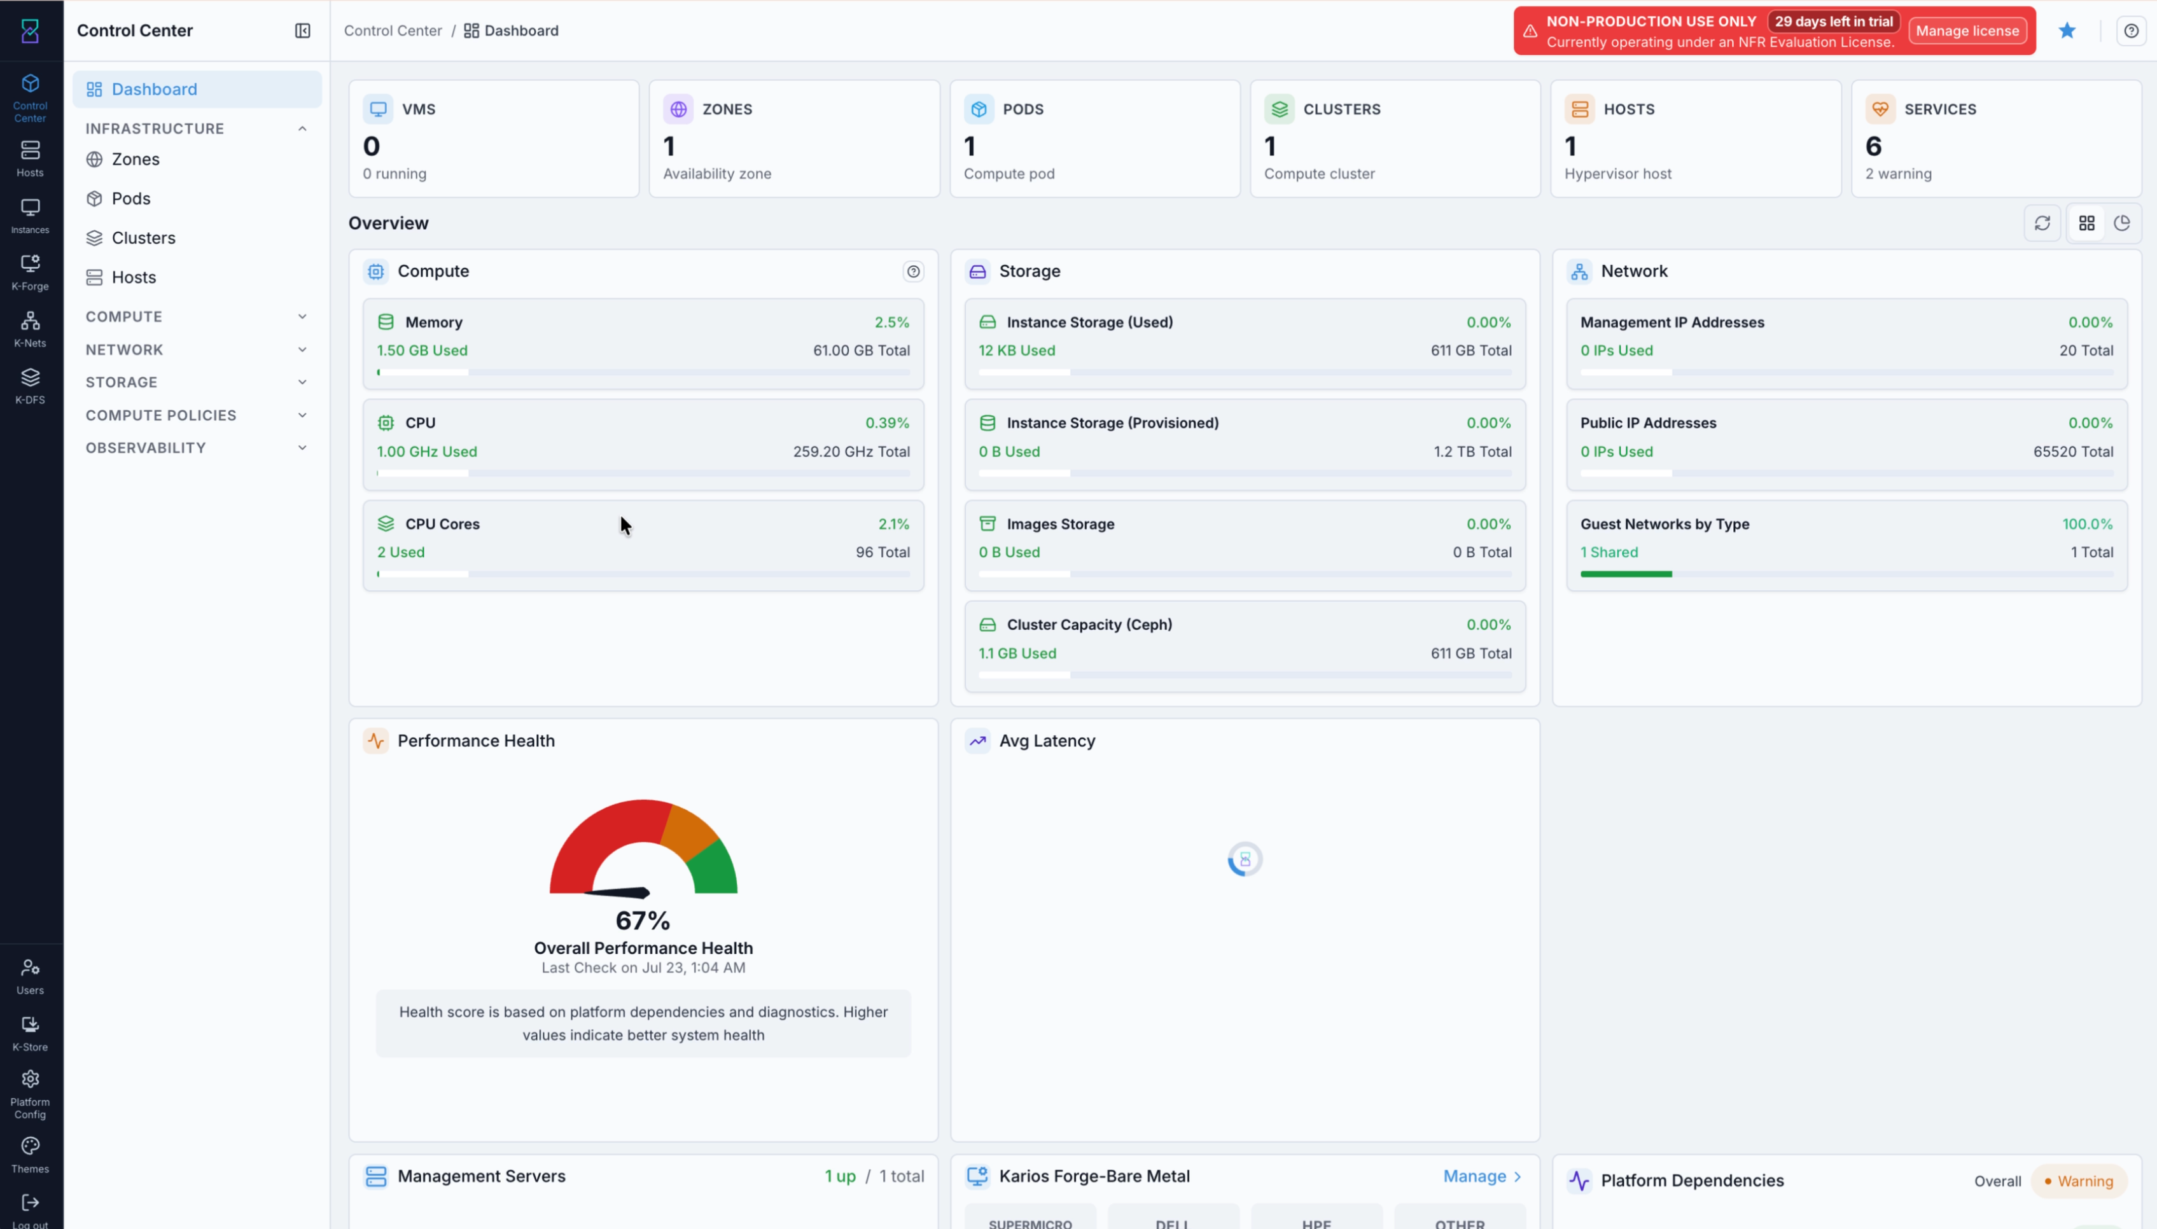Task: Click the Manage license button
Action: [1967, 31]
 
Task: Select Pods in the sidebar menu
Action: [131, 198]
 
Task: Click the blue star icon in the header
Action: [2067, 31]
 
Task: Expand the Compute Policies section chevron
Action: [302, 415]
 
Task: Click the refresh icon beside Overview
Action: [2042, 223]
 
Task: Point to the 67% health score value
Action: [643, 920]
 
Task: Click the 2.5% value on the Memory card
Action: [891, 323]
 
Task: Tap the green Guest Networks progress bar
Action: [1626, 574]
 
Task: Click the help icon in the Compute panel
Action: [912, 272]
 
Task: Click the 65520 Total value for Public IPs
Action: [2072, 452]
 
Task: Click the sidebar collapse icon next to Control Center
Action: [302, 31]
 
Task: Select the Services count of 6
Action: [1873, 146]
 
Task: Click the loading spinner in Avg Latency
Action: [1245, 859]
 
